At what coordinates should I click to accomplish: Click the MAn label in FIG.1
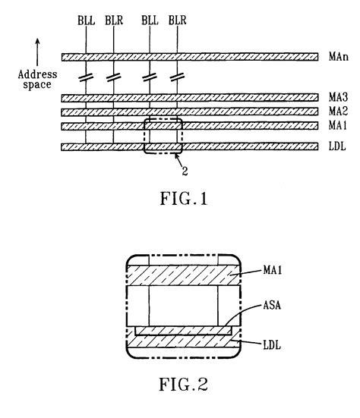coord(336,56)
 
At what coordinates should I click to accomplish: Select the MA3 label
coord(336,98)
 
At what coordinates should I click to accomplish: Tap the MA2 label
coord(336,111)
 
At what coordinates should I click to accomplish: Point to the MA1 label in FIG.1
coord(336,125)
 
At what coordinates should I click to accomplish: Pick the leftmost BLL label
coord(87,18)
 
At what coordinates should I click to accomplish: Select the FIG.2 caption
coord(182,385)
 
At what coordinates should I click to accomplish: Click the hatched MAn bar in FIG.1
coord(190,56)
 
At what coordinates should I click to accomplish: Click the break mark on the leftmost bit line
coord(87,77)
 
